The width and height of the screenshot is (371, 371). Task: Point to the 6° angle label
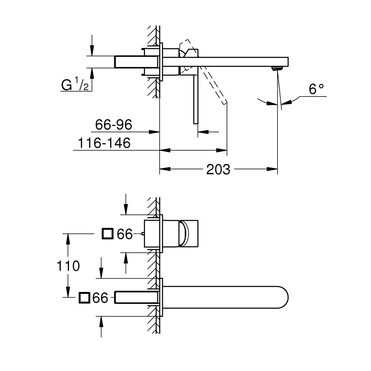pos(316,89)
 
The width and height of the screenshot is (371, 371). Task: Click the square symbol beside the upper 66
pos(107,234)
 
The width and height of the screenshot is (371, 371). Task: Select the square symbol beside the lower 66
pos(84,298)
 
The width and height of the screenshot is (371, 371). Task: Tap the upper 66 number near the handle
pos(125,234)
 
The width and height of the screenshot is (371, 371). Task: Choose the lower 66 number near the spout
pos(100,298)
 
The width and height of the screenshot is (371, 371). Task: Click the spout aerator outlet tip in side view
pos(276,68)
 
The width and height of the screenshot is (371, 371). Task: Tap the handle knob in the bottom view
pos(189,234)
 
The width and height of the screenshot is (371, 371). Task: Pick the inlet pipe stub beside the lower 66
pos(137,297)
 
